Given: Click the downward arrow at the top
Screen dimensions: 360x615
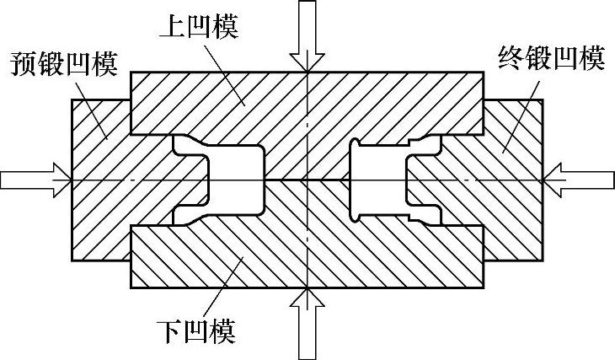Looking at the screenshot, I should tap(308, 34).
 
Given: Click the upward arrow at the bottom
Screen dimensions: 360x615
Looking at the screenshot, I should tap(308, 325).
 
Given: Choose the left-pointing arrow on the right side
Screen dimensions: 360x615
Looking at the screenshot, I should tap(581, 180).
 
